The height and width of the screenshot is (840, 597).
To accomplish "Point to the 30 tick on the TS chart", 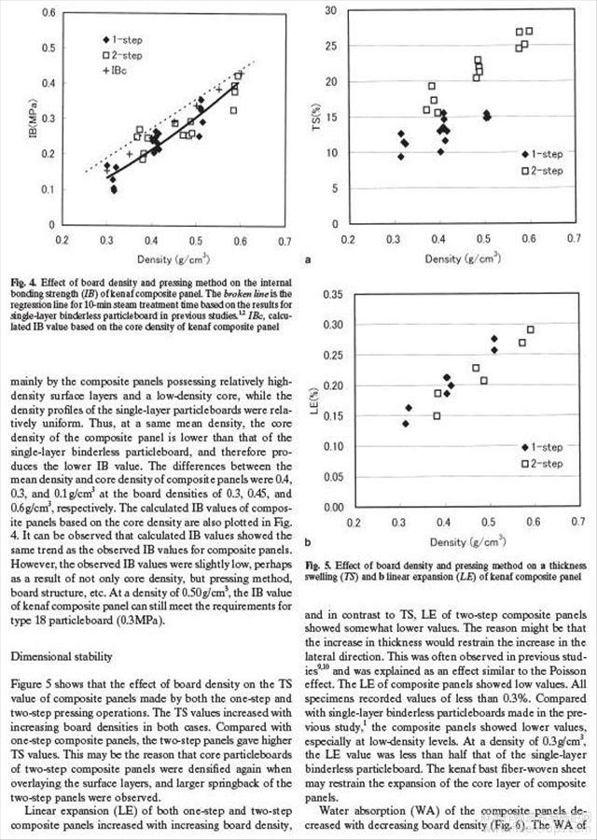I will pos(330,10).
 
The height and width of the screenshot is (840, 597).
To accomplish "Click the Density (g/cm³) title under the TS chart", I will pos(461,258).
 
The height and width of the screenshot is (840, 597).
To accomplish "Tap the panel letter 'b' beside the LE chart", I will pos(307,541).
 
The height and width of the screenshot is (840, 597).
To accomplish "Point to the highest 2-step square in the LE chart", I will pos(531,329).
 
